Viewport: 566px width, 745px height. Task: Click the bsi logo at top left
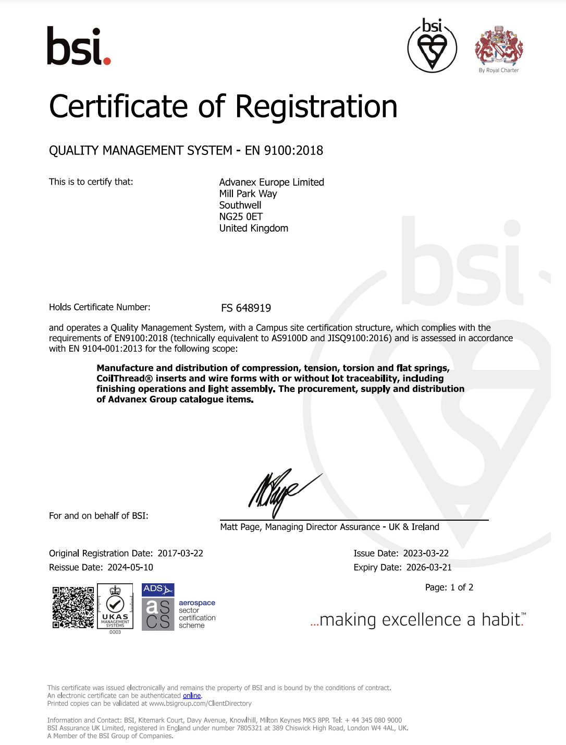tap(79, 46)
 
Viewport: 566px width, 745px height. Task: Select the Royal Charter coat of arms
tap(499, 46)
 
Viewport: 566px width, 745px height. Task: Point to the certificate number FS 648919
tap(246, 308)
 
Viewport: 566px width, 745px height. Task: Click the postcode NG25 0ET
tap(241, 217)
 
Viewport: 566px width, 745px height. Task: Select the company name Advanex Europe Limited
tap(272, 182)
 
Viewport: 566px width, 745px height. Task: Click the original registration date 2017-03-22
tap(180, 553)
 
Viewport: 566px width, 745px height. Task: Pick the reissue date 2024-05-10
tap(130, 567)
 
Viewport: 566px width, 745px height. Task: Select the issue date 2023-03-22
tap(426, 553)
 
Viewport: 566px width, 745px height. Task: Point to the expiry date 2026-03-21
tap(429, 567)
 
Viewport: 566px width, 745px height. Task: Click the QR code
tap(73, 607)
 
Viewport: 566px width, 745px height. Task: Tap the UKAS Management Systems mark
tap(115, 607)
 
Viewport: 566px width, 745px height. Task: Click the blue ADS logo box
tap(158, 590)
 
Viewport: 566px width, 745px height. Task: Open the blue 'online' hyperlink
tap(192, 695)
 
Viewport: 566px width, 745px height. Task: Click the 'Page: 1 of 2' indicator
tap(449, 587)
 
